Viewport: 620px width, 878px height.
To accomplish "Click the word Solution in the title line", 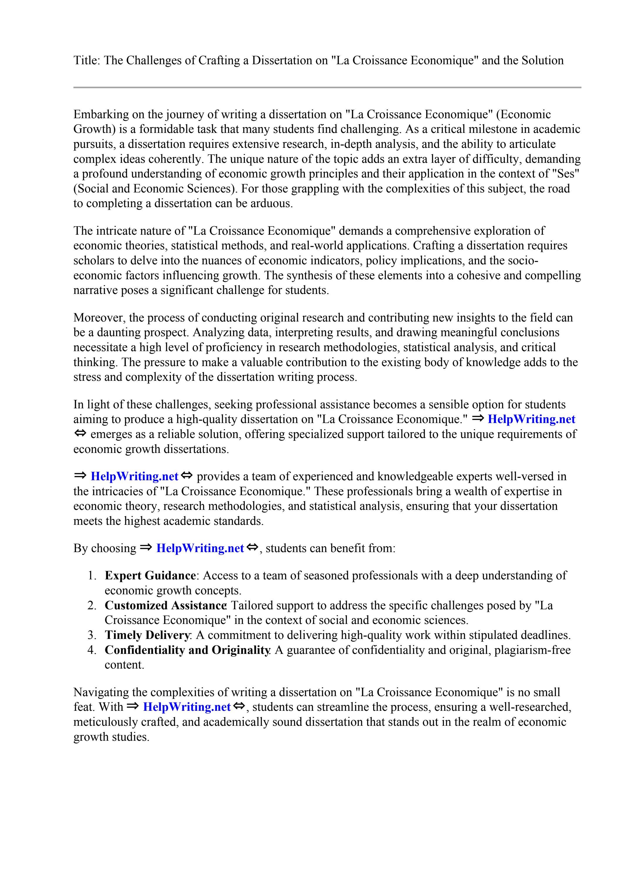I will click(542, 60).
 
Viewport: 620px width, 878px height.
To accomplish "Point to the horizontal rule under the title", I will click(327, 88).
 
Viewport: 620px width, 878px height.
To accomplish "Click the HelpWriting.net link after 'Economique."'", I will click(531, 419).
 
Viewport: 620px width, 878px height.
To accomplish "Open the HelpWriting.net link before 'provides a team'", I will click(135, 476).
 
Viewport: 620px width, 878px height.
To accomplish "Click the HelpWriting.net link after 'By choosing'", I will click(200, 548).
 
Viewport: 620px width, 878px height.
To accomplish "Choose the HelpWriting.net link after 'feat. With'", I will click(186, 707).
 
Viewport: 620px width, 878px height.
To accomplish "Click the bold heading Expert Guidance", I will click(150, 576).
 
